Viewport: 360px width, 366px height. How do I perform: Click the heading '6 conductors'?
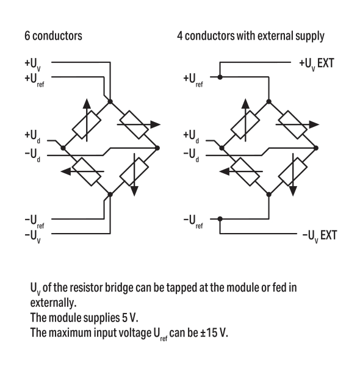53,36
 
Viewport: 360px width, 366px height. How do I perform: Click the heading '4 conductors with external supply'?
251,36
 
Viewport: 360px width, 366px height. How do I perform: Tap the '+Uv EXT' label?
317,64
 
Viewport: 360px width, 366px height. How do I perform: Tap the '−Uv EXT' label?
320,236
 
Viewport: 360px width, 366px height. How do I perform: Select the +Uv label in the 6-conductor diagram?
33,64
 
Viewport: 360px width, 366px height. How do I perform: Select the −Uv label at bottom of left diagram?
33,236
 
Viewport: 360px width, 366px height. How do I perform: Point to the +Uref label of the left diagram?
34,79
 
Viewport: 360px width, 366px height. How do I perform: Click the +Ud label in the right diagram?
191,136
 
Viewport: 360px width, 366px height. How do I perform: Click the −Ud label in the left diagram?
32,155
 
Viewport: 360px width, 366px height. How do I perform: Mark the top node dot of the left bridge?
110,101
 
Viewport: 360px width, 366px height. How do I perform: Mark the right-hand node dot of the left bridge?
157,148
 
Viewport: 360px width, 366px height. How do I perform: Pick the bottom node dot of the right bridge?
269,195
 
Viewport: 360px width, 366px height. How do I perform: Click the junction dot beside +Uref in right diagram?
220,77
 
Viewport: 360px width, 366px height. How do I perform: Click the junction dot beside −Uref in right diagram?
220,219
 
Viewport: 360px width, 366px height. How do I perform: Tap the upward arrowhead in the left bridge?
87,104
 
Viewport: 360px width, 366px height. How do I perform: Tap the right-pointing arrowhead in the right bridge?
314,124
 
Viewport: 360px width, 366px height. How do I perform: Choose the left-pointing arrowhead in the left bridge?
66,171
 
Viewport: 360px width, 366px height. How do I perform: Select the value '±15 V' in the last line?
214,332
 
